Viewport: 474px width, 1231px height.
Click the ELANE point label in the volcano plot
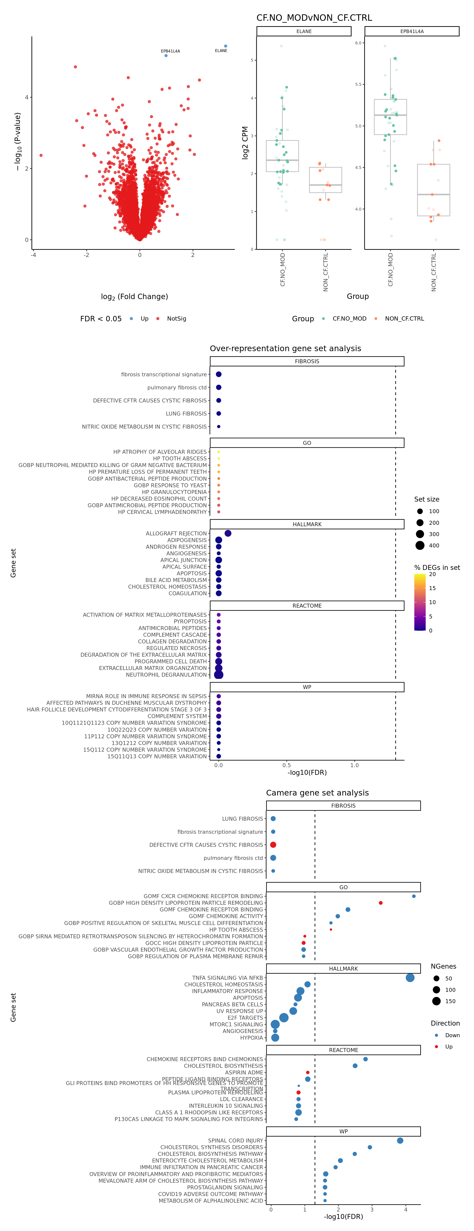tap(221, 51)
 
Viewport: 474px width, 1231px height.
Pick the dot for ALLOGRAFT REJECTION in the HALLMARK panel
tap(228, 533)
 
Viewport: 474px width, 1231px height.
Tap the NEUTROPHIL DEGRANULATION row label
tap(166, 675)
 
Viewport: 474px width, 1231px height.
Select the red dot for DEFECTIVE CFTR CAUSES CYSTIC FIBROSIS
tap(273, 845)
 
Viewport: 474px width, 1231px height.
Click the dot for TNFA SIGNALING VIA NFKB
tap(410, 978)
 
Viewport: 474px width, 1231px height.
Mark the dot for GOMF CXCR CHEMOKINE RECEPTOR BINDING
tap(414, 896)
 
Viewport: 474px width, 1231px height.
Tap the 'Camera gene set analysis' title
tap(317, 793)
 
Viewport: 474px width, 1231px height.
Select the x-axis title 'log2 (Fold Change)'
tap(134, 297)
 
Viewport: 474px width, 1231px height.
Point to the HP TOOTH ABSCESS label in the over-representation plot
tap(180, 458)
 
